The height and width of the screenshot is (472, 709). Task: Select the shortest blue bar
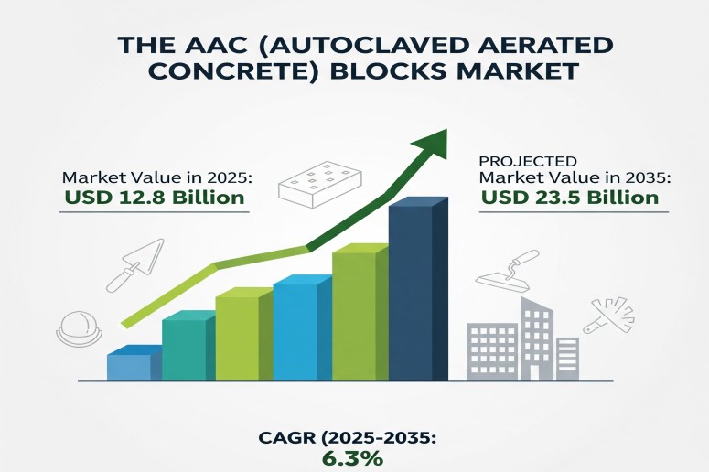click(x=134, y=362)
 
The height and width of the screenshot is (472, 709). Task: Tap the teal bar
click(x=188, y=346)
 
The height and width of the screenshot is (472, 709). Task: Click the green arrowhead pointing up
click(x=432, y=144)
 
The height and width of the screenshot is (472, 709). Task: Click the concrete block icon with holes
click(x=320, y=181)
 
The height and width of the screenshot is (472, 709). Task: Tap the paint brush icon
click(x=609, y=315)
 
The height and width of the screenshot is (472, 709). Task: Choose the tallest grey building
click(x=536, y=338)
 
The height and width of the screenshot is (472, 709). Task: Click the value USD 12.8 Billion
click(x=155, y=198)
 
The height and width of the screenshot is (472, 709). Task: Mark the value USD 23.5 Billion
click(x=570, y=198)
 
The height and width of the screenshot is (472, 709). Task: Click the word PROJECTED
click(x=528, y=161)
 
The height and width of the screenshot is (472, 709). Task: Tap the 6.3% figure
click(x=353, y=458)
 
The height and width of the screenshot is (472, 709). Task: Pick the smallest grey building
click(x=567, y=359)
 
